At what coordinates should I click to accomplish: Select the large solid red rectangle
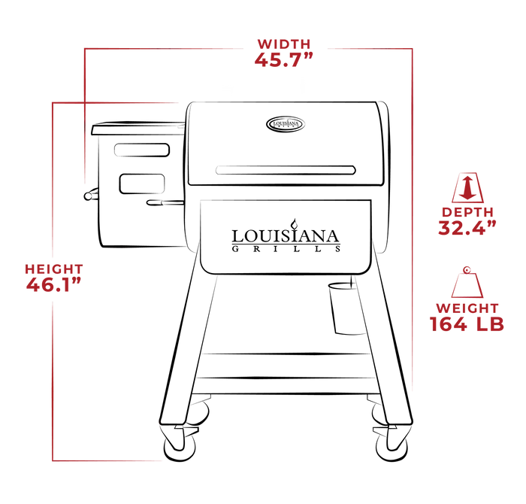click(x=468, y=125)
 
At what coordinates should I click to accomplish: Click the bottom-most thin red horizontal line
click(x=110, y=460)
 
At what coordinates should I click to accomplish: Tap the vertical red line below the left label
click(x=53, y=376)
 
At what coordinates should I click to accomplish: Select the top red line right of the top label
click(x=368, y=49)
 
